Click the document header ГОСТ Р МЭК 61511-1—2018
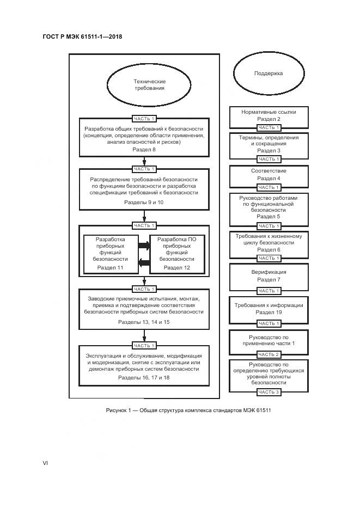pyautogui.click(x=82, y=37)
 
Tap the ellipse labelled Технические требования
pyautogui.click(x=149, y=84)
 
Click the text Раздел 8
pyautogui.click(x=144, y=149)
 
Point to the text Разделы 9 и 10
pyautogui.click(x=144, y=202)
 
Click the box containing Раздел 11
pyautogui.click(x=110, y=254)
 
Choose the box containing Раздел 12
pyautogui.click(x=177, y=254)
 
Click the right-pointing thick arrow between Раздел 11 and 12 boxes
pyautogui.click(x=144, y=246)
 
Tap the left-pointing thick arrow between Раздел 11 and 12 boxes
pyautogui.click(x=144, y=263)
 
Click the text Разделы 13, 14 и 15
pyautogui.click(x=144, y=322)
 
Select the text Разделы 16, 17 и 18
pyautogui.click(x=144, y=377)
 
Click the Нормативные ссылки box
pyautogui.click(x=269, y=115)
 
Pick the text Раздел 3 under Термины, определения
pyautogui.click(x=269, y=150)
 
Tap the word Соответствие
pyautogui.click(x=269, y=171)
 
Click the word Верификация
pyautogui.click(x=269, y=272)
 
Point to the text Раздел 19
pyautogui.click(x=269, y=312)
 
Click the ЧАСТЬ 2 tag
pyautogui.click(x=269, y=354)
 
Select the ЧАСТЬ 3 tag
pyautogui.click(x=269, y=392)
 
